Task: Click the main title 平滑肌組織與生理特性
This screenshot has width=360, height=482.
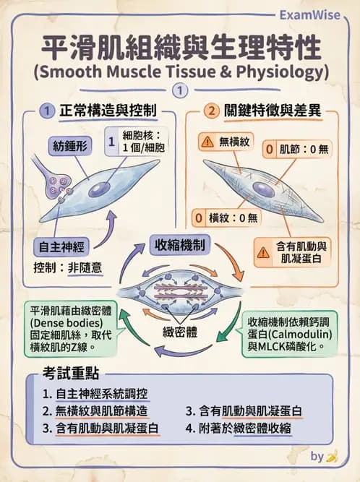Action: (x=180, y=46)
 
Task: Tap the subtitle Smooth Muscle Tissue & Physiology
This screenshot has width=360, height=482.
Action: (x=180, y=73)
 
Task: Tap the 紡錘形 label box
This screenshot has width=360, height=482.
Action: (x=69, y=146)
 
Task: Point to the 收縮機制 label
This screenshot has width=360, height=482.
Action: (x=179, y=245)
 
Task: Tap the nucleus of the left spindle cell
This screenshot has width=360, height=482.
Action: (x=99, y=189)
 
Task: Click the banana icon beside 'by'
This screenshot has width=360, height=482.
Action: (x=332, y=457)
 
